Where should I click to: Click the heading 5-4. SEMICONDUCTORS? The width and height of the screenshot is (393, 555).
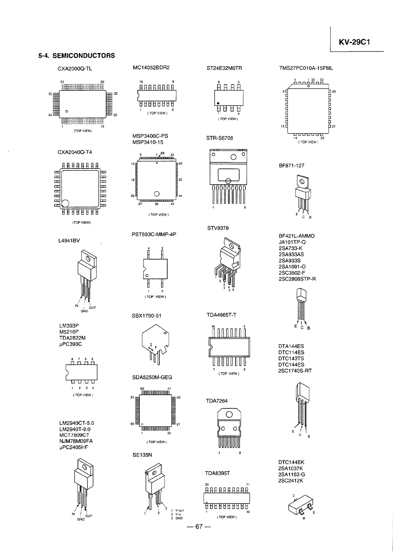[x=77, y=55]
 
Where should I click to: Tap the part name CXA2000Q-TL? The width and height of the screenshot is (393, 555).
[x=75, y=69]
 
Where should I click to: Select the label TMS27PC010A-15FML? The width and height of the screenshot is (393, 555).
[x=306, y=68]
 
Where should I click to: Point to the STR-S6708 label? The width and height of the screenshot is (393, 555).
[x=220, y=138]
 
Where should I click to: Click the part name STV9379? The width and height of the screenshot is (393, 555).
[x=218, y=228]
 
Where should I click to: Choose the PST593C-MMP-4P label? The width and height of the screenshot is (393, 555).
[x=154, y=234]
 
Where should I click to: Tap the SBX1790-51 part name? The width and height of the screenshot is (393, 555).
[x=146, y=316]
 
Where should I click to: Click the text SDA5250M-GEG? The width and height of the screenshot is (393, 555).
[x=152, y=377]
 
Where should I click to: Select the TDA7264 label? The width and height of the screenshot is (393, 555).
[x=217, y=401]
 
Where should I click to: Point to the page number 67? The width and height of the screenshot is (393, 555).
[x=198, y=527]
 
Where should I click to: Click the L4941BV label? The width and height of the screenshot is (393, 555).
[x=69, y=240]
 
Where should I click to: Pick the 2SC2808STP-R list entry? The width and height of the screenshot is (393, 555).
[x=297, y=279]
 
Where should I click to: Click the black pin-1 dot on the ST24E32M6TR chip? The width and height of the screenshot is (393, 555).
[x=218, y=103]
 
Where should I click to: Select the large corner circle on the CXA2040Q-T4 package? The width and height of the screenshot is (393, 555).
[x=65, y=203]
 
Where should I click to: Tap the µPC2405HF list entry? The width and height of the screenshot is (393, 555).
[x=74, y=447]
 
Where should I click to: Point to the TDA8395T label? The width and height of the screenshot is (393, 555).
[x=217, y=473]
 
